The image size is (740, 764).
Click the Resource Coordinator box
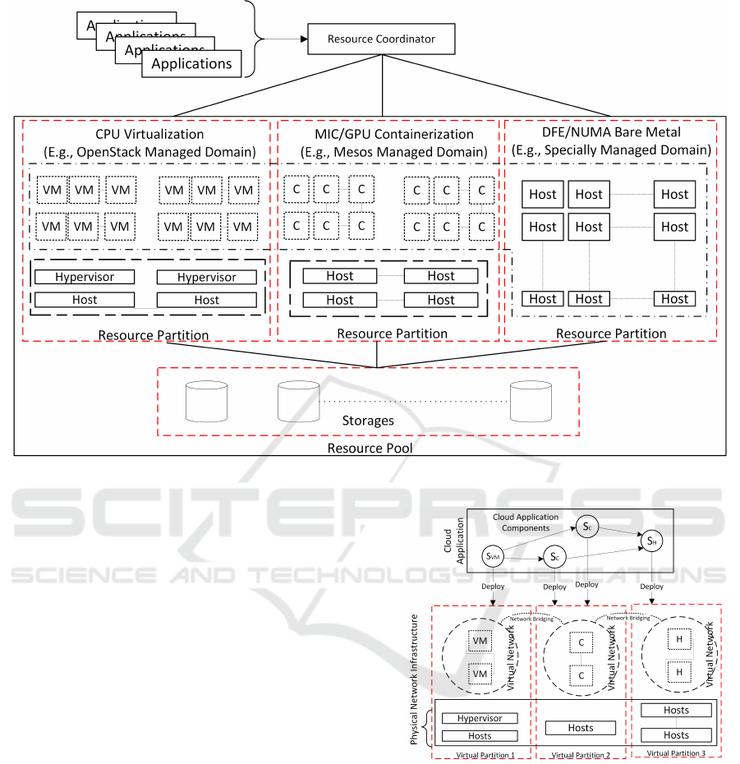point(381,39)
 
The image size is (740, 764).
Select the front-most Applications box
point(191,64)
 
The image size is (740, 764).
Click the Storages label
point(368,421)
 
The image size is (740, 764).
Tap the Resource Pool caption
point(369,449)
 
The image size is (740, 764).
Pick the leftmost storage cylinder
point(207,399)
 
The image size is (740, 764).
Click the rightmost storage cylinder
point(530,399)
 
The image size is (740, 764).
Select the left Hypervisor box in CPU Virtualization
point(85,278)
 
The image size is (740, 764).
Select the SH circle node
point(651,541)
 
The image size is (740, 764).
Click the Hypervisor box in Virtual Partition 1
point(480,718)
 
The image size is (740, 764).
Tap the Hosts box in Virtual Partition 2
point(581,728)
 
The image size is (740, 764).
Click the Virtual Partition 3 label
point(676,752)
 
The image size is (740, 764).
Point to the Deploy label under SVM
point(494,587)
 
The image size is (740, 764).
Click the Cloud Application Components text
point(526,522)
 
